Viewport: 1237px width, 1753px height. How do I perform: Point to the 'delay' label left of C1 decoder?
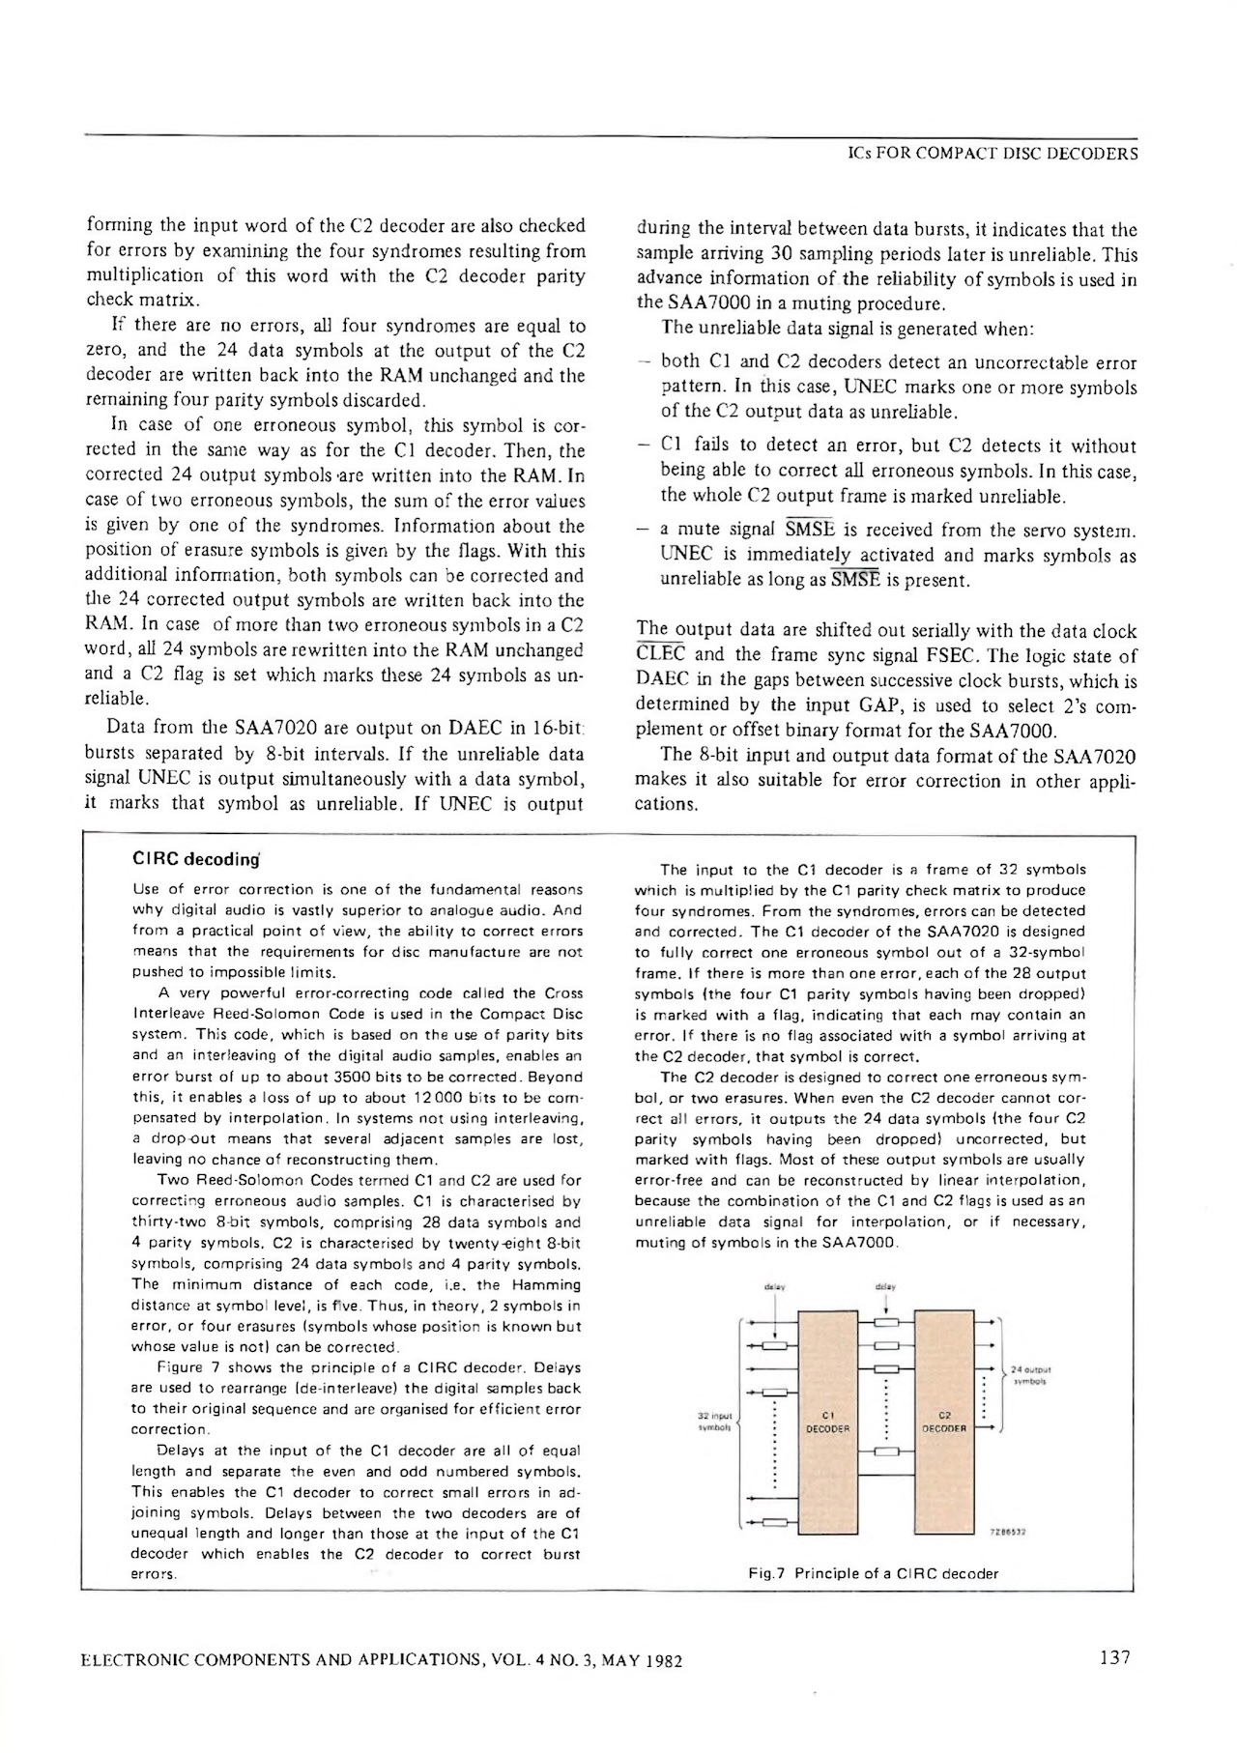pyautogui.click(x=774, y=1287)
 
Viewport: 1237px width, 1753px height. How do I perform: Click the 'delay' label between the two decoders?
pyautogui.click(x=885, y=1287)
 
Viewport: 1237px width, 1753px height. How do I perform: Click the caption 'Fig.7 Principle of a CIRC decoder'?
pyautogui.click(x=874, y=1573)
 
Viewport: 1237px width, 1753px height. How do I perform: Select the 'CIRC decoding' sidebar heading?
pyautogui.click(x=196, y=859)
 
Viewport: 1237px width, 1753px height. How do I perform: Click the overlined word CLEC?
pyautogui.click(x=660, y=657)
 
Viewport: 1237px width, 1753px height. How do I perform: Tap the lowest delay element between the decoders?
pyautogui.click(x=886, y=1451)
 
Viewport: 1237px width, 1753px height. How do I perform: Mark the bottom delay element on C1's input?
pyautogui.click(x=774, y=1524)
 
